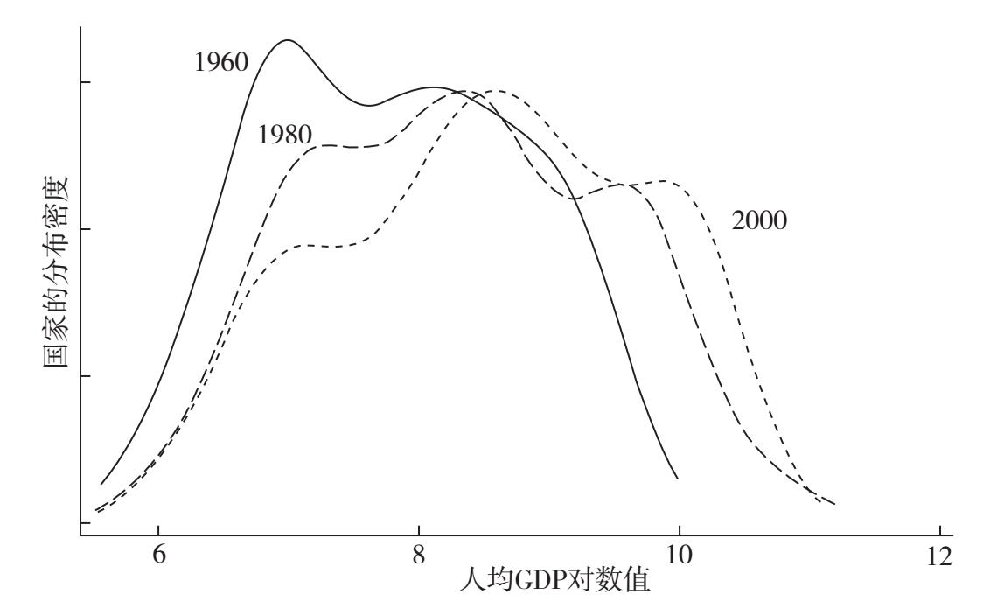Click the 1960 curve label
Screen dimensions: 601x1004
[222, 62]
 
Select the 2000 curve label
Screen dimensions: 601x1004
[759, 220]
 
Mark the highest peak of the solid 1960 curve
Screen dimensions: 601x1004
[287, 40]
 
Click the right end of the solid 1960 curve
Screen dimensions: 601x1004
[678, 479]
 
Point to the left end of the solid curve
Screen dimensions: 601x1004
[101, 483]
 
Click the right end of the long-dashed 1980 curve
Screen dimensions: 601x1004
[835, 505]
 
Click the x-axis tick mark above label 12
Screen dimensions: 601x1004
[939, 532]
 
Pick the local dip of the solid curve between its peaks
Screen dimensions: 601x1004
[369, 106]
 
